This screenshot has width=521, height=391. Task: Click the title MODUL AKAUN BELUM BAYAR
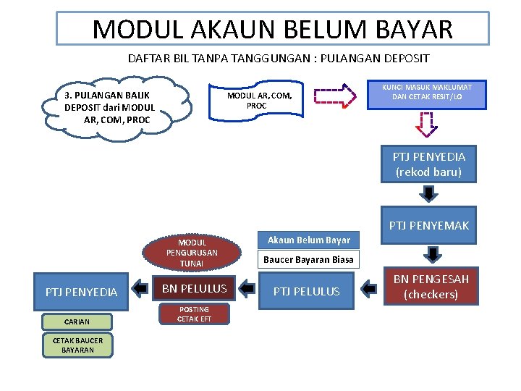coord(273,29)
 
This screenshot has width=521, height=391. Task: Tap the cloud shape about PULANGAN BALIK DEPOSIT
coord(114,107)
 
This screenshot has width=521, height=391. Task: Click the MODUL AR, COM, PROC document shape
coord(259,101)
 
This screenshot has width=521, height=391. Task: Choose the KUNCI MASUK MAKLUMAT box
coord(426,93)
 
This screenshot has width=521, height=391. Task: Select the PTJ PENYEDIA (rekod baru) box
coord(428,164)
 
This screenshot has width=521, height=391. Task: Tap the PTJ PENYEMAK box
coord(428,225)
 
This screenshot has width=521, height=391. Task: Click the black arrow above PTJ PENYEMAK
coord(429,193)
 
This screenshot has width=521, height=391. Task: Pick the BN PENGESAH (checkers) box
coord(431,286)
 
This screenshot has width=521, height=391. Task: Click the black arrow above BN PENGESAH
coord(432,253)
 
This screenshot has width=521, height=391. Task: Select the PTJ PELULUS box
coord(306,290)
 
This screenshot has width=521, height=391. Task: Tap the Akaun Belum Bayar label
coord(308,240)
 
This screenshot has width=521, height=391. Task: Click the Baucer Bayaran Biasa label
coord(308,259)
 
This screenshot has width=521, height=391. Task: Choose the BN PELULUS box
coord(194,288)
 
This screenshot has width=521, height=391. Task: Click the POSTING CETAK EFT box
coord(194,314)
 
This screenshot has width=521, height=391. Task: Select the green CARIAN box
coord(77,321)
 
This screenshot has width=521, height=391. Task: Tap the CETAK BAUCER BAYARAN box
coord(78,345)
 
